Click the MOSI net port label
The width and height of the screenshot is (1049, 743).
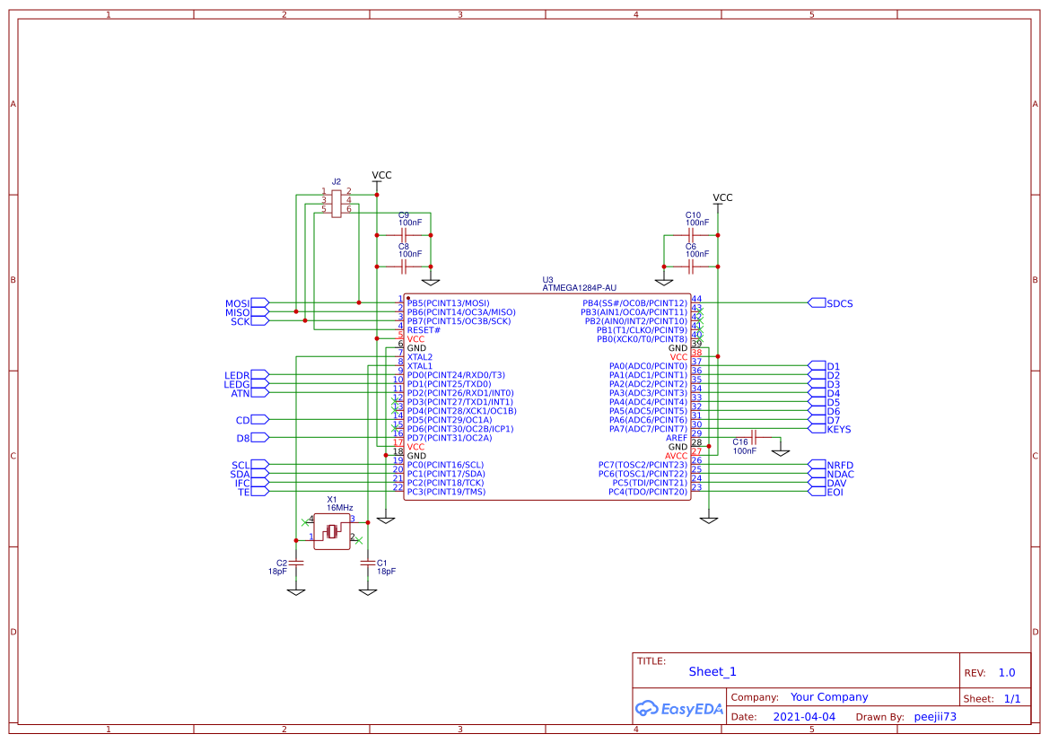click(x=237, y=303)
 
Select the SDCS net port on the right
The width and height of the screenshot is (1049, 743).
click(x=839, y=303)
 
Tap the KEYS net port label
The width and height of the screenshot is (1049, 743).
click(x=839, y=429)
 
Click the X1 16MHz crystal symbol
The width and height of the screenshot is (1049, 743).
click(x=332, y=532)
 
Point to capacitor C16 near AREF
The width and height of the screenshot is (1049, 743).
click(x=754, y=437)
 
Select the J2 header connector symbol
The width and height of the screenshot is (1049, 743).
click(x=337, y=204)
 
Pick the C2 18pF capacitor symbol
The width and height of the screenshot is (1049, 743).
click(x=296, y=563)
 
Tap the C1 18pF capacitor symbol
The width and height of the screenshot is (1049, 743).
click(x=366, y=563)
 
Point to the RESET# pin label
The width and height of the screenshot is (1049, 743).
click(x=424, y=330)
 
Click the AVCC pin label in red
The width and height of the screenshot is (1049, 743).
click(x=676, y=456)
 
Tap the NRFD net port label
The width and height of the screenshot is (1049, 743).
click(x=840, y=465)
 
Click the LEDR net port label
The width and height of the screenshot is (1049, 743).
click(x=237, y=375)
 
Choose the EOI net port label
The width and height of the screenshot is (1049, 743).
click(x=835, y=492)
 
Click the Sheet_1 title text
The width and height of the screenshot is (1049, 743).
click(x=712, y=671)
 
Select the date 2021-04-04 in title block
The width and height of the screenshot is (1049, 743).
click(x=804, y=717)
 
